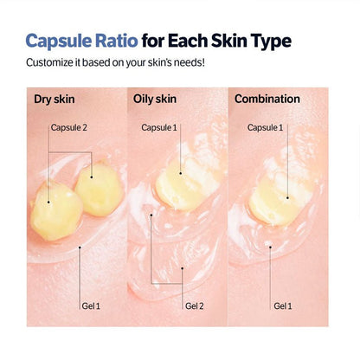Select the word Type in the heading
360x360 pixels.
[x=266, y=41]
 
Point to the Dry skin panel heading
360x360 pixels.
[x=53, y=99]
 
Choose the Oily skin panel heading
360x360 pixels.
[x=156, y=99]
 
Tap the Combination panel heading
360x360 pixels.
[x=267, y=99]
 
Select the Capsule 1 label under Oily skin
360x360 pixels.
[x=158, y=127]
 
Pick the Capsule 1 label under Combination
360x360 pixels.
[x=265, y=127]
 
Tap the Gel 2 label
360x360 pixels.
[x=195, y=305]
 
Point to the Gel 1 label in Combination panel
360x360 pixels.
[x=282, y=305]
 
